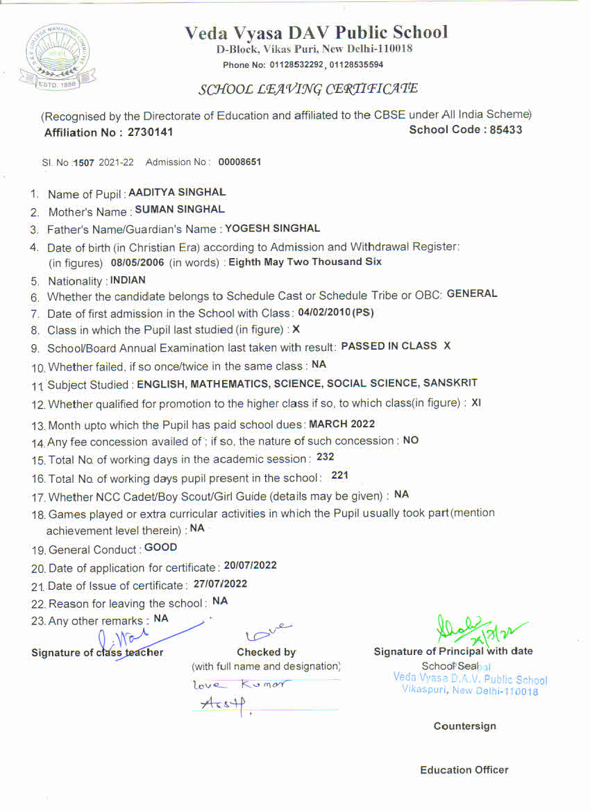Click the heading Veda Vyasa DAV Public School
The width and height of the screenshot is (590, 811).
tap(316, 33)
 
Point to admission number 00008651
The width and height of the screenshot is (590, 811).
tap(239, 162)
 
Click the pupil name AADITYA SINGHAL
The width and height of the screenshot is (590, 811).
tap(177, 193)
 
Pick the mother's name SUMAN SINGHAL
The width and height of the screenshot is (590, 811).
tap(179, 210)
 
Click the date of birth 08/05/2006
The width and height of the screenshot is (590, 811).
tap(137, 262)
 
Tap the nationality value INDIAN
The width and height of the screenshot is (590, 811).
tap(128, 280)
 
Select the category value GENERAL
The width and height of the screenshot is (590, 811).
tap(472, 293)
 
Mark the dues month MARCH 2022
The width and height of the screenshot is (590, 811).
tap(342, 424)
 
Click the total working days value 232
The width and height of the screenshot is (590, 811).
tap(325, 457)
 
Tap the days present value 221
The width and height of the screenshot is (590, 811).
tap(339, 475)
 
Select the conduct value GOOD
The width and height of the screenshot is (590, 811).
tap(160, 547)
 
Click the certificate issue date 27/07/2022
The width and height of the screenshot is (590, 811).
tap(220, 584)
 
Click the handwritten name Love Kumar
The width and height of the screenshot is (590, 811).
tap(239, 685)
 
